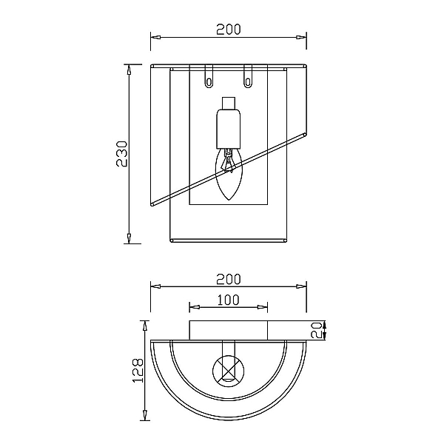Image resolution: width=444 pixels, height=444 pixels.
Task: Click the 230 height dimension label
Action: click(123, 153)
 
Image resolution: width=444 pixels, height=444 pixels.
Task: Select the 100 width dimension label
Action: click(229, 300)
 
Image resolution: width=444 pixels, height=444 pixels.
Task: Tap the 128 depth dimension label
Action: click(138, 371)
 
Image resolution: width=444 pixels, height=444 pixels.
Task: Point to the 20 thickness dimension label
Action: click(317, 330)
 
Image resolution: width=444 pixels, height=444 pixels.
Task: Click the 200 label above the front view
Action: click(229, 30)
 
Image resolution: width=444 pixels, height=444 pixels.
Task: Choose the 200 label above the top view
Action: click(229, 279)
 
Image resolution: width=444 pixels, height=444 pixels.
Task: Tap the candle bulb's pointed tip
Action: click(229, 200)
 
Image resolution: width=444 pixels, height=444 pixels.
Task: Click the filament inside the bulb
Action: click(228, 161)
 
